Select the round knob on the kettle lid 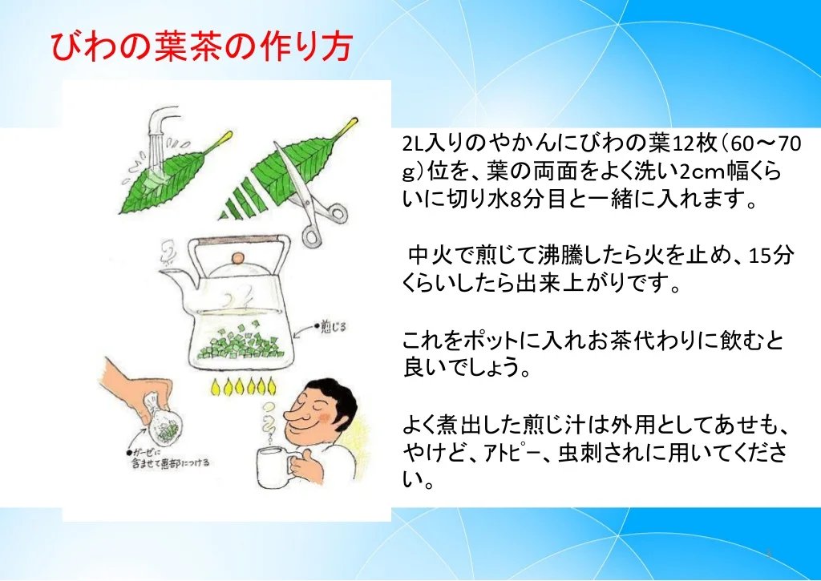coord(238,258)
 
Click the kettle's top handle coord(239,242)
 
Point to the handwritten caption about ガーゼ coord(168,457)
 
